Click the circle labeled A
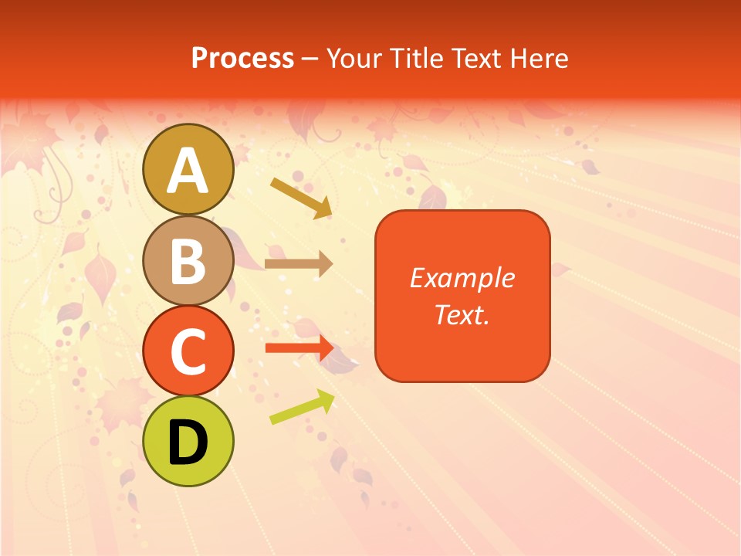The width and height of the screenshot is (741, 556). click(x=188, y=169)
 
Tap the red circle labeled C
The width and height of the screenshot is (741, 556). click(x=188, y=351)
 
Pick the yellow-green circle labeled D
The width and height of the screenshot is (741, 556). click(x=188, y=442)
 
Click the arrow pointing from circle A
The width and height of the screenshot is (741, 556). click(x=301, y=198)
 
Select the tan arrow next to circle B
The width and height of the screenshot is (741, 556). click(x=298, y=264)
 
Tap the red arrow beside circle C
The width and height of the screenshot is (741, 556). click(x=299, y=347)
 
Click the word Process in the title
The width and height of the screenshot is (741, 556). click(x=242, y=58)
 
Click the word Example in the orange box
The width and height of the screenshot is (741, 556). click(x=462, y=278)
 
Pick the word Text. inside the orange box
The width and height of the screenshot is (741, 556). click(x=462, y=314)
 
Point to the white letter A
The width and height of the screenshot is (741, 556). click(x=188, y=171)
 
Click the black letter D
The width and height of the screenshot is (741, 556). click(x=188, y=442)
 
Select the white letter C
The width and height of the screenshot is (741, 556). click(x=188, y=352)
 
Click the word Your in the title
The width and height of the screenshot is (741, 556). click(x=353, y=58)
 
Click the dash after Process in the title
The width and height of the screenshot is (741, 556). click(x=310, y=59)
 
